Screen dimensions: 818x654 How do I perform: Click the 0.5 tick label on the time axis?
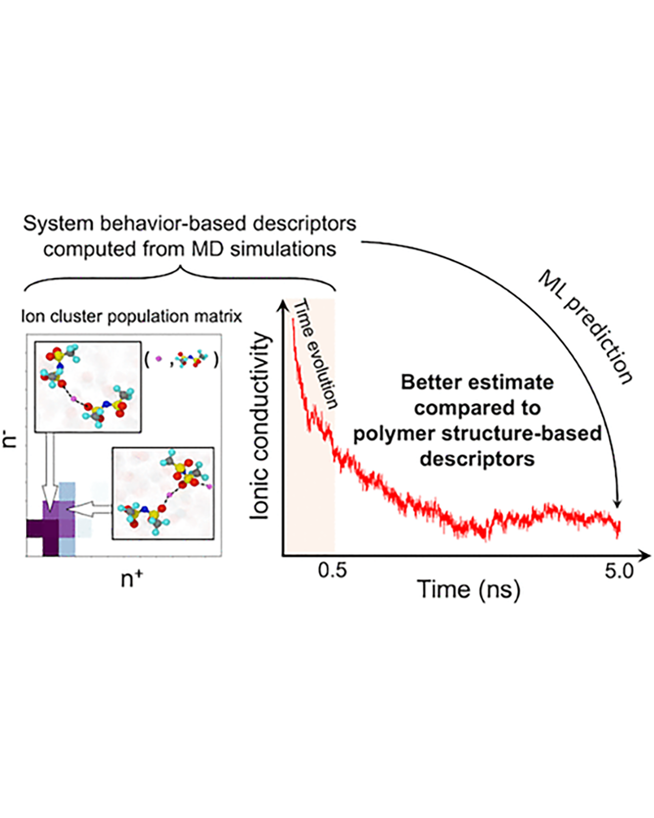[332, 570]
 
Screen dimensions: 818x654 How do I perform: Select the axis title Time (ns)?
[468, 589]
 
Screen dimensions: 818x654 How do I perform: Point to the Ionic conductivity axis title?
[259, 425]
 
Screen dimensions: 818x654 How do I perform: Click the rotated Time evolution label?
[315, 353]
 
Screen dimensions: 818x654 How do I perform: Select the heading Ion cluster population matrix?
[132, 316]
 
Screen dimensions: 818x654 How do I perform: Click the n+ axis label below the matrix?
[132, 579]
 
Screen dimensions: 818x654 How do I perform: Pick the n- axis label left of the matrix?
[11, 441]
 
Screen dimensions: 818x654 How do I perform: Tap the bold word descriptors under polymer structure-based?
[477, 459]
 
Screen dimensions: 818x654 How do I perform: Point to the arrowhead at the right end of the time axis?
[645, 555]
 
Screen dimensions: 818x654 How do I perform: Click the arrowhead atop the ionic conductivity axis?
[283, 306]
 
